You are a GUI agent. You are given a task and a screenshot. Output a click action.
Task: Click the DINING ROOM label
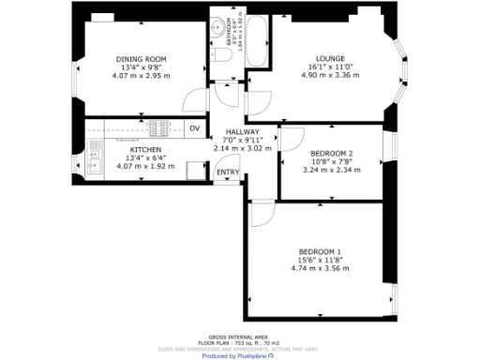click(141, 59)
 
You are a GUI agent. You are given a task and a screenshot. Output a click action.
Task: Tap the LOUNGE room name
click(330, 59)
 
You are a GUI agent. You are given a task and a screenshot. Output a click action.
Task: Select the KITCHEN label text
click(145, 150)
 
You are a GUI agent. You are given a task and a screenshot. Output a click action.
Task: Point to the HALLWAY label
click(242, 132)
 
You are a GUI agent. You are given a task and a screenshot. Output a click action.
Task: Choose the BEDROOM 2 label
click(331, 153)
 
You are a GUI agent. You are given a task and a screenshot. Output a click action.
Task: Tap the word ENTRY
click(227, 172)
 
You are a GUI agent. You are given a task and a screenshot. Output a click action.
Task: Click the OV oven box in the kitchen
click(195, 128)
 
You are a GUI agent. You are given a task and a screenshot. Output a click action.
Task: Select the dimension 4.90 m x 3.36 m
click(330, 76)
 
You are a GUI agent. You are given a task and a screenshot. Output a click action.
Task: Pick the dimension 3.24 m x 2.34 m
click(331, 170)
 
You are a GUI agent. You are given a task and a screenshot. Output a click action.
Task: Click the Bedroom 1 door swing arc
click(262, 214)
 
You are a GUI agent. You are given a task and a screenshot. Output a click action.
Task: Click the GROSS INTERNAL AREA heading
click(239, 335)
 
